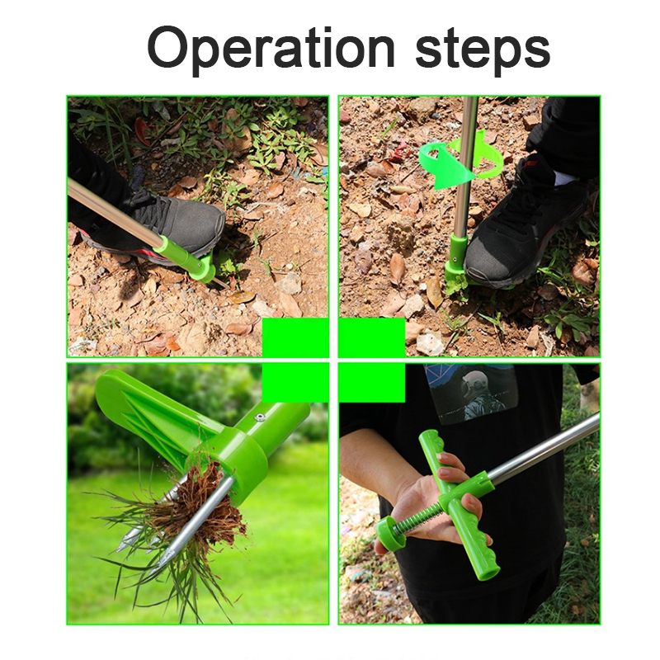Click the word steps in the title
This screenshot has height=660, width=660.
(x=483, y=51)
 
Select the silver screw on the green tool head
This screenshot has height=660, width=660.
(x=260, y=417)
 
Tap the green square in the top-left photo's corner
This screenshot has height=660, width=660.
(x=295, y=337)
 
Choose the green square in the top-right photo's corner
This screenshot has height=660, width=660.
(x=372, y=337)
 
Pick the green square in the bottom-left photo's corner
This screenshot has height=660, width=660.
(x=295, y=383)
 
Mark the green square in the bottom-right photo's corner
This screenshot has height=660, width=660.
(x=372, y=383)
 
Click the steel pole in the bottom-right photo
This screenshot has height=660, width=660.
(x=543, y=450)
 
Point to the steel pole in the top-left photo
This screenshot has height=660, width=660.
(x=114, y=214)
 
